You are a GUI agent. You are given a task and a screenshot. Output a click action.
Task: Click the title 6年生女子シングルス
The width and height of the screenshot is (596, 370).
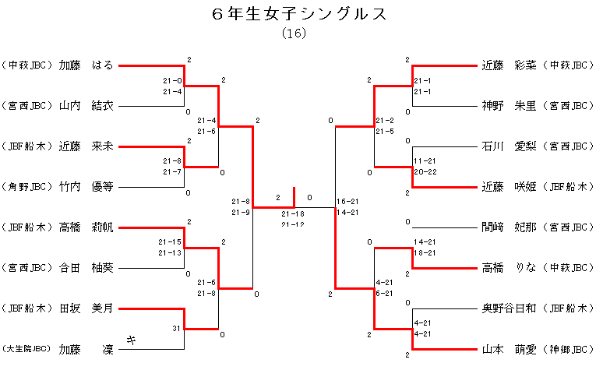pos(299,14)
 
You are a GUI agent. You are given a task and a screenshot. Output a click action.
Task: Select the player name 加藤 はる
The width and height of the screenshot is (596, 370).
pos(86,65)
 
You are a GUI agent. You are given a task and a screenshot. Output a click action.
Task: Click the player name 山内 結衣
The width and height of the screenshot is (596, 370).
pos(86,106)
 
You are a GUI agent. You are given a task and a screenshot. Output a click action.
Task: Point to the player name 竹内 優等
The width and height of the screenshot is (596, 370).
pos(86,187)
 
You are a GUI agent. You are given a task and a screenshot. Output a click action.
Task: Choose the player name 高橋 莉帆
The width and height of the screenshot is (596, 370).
pos(86,227)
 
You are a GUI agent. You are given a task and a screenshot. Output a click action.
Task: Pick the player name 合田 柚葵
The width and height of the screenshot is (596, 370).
pos(86,268)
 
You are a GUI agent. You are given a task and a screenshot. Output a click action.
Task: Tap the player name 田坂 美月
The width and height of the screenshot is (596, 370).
pos(86,308)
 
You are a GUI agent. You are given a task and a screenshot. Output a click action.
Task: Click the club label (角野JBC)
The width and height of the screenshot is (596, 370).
pos(27,187)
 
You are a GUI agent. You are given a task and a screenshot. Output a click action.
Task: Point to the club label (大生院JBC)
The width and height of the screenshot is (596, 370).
pos(27,350)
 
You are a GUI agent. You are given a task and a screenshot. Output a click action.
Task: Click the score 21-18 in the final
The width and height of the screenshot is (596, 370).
pos(293,213)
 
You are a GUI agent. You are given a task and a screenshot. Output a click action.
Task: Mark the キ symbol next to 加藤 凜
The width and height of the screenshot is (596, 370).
pos(132,340)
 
